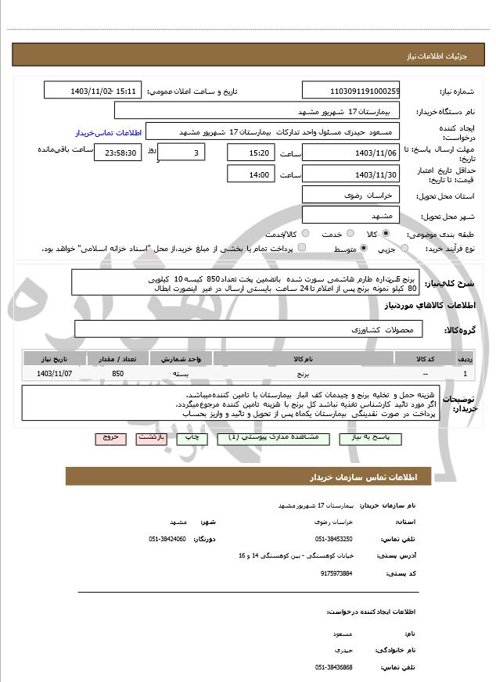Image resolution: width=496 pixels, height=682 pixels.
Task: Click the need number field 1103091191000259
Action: point(350,92)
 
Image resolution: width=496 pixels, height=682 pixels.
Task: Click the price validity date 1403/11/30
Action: point(350,174)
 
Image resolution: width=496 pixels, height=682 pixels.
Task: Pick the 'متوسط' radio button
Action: point(365,249)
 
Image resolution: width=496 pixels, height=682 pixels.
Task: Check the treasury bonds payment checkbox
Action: point(302,249)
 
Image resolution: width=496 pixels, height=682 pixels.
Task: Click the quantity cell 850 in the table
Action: point(117,374)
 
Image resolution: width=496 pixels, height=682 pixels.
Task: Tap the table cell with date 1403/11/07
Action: point(54,374)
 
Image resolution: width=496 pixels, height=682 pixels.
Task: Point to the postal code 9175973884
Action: point(336,573)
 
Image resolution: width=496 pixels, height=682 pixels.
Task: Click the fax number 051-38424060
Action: point(167,539)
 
